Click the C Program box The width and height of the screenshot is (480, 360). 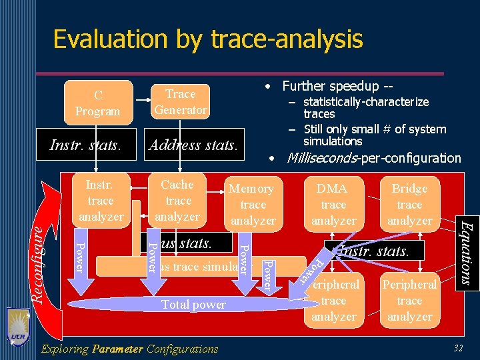tap(98, 103)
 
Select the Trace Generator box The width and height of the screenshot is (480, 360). tap(180, 102)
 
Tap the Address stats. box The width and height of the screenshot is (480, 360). tap(193, 145)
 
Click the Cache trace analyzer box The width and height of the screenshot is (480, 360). tap(177, 200)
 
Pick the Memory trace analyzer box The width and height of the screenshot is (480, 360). tap(253, 205)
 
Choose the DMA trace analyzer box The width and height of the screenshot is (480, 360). tap(333, 205)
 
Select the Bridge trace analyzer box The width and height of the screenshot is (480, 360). tap(409, 205)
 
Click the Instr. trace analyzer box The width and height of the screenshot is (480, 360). tap(101, 200)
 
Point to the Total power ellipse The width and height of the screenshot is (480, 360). tap(193, 305)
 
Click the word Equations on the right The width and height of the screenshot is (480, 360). tap(467, 253)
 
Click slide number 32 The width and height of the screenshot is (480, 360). tap(457, 348)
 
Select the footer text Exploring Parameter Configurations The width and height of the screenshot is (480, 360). tap(129, 349)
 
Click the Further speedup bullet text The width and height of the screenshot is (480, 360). tap(337, 86)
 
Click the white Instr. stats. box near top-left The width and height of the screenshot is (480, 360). tap(85, 145)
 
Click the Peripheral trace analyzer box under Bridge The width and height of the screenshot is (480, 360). tap(409, 301)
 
